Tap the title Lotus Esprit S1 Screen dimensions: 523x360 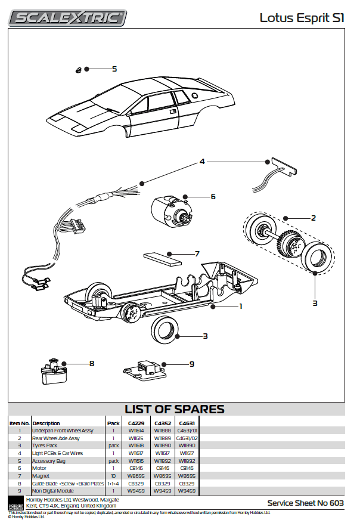[x=302, y=18]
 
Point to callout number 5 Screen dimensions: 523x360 [x=114, y=69]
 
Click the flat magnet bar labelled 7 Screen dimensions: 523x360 [x=162, y=258]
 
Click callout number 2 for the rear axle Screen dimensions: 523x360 [x=314, y=218]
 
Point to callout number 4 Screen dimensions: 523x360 [x=202, y=162]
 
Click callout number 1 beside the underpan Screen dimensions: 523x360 [x=240, y=307]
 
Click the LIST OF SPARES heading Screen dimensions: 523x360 [x=174, y=409]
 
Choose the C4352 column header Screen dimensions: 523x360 [x=163, y=423]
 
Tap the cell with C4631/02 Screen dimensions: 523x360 [x=186, y=438]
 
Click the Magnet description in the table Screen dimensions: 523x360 [x=41, y=476]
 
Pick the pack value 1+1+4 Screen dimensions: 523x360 [x=113, y=484]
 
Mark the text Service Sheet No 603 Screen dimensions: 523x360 [x=306, y=503]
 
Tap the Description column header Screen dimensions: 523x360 [x=46, y=423]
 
